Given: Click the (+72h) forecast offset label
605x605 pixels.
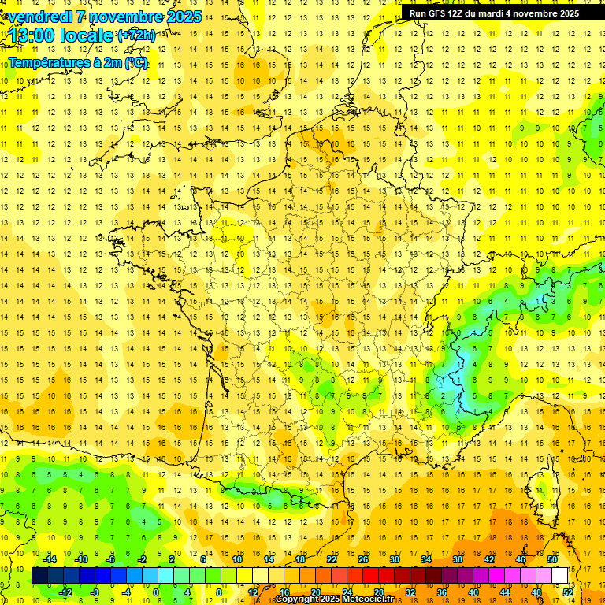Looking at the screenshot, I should [136, 35].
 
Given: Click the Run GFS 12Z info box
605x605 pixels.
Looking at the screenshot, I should [494, 13].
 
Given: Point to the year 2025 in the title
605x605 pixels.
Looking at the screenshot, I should [183, 16].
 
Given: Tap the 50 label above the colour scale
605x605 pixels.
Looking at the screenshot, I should [552, 559].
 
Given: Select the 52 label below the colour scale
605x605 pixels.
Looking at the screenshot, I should [568, 592].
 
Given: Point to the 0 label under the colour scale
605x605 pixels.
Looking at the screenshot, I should [155, 592].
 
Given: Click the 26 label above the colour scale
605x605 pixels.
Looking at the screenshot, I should [363, 559].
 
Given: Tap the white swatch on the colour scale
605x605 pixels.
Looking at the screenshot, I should [560, 576].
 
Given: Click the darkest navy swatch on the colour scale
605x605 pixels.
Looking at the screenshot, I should [40, 576].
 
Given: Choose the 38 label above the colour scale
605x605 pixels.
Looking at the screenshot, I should [458, 559].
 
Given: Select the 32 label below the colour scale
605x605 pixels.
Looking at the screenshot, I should [410, 592].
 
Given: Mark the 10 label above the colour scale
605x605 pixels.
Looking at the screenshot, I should [237, 559].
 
